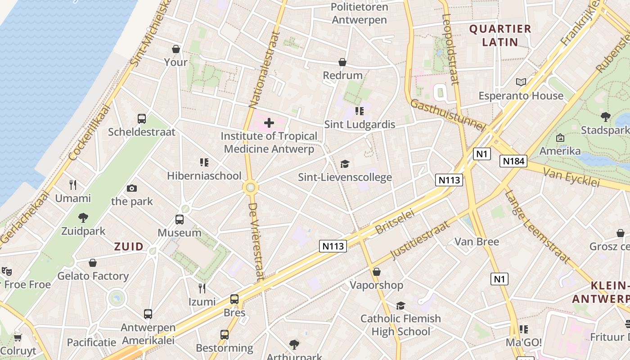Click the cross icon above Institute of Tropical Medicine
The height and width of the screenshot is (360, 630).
[269, 122]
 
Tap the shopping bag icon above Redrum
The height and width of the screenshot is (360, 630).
[342, 62]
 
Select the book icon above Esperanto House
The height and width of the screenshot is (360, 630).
[521, 82]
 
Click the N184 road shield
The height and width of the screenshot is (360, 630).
[513, 161]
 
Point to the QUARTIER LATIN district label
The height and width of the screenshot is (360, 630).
[500, 36]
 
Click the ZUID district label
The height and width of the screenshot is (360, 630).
[129, 247]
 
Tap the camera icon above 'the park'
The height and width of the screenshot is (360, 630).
[132, 188]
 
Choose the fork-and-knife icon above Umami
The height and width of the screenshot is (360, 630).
[73, 184]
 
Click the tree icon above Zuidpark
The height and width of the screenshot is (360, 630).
[83, 218]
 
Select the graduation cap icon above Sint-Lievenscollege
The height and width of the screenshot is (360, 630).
[345, 164]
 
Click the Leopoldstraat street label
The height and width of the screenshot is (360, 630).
[450, 49]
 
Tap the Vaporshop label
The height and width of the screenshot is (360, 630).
[377, 285]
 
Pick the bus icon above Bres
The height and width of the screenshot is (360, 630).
[234, 299]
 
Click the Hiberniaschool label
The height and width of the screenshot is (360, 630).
[204, 176]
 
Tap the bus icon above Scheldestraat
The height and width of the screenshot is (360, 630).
[142, 119]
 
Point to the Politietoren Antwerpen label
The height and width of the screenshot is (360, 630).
[359, 13]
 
